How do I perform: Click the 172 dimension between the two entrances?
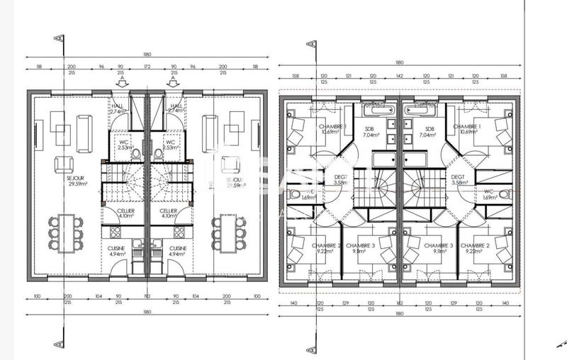click(147, 66)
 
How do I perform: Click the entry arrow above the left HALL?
click(122, 83)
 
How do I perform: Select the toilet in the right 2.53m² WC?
click(158, 153)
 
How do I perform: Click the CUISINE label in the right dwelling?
click(177, 248)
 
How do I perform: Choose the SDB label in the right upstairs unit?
click(429, 129)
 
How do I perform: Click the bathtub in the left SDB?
click(381, 110)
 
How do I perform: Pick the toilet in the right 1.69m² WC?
click(504, 193)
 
